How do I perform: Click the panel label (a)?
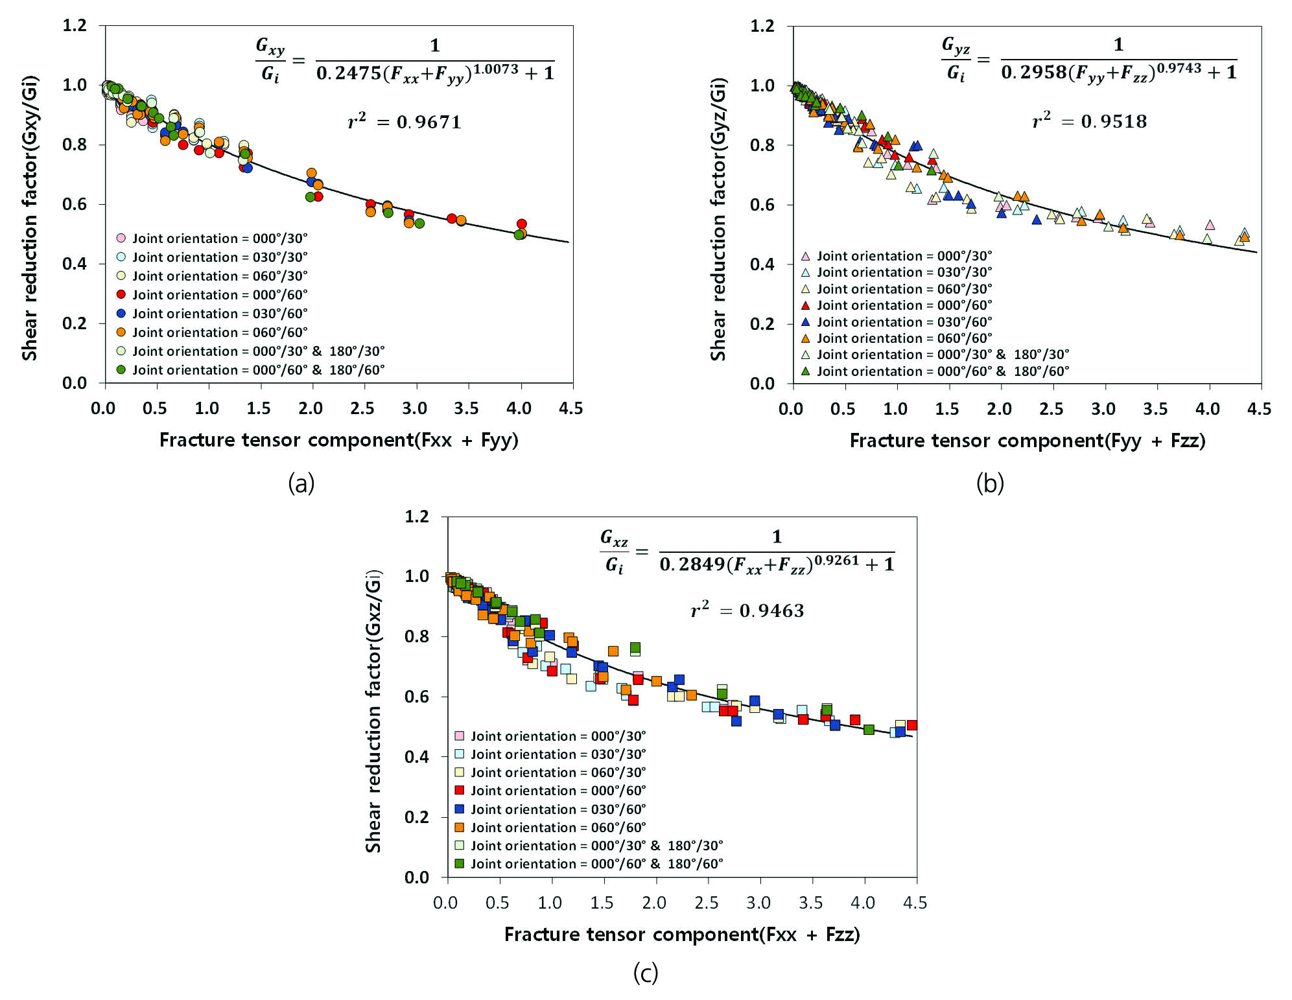pyautogui.click(x=301, y=483)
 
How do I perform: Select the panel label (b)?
pyautogui.click(x=990, y=483)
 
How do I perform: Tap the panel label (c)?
pyautogui.click(x=646, y=973)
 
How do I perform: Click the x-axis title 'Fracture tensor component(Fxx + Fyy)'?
pyautogui.click(x=338, y=441)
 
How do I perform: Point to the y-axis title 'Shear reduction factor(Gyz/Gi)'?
pyautogui.click(x=718, y=219)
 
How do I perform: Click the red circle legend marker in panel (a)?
pyautogui.click(x=121, y=294)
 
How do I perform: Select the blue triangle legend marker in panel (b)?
pyautogui.click(x=806, y=321)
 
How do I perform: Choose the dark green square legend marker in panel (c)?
pyautogui.click(x=460, y=863)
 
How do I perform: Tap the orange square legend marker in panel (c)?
pyautogui.click(x=460, y=827)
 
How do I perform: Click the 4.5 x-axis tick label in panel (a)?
pyautogui.click(x=570, y=409)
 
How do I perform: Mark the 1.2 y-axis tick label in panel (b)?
pyautogui.click(x=762, y=26)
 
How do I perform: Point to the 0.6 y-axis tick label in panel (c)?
pyautogui.click(x=417, y=697)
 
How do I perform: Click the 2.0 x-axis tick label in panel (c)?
pyautogui.click(x=654, y=903)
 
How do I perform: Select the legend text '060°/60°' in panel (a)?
pyautogui.click(x=279, y=332)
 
